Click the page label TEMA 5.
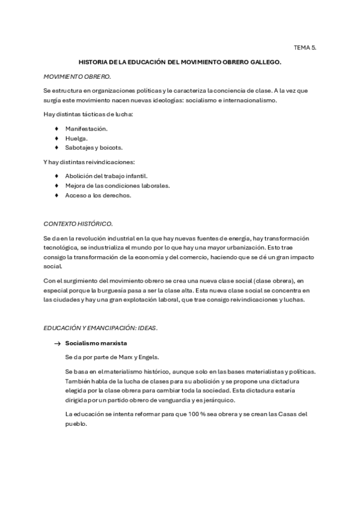(x=305, y=46)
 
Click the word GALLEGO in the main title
(x=263, y=62)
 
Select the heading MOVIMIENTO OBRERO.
(x=77, y=77)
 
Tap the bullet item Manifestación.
(x=86, y=129)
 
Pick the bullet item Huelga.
(x=76, y=138)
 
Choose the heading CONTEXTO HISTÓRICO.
(x=78, y=224)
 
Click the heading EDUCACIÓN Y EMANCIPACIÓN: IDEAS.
(x=100, y=328)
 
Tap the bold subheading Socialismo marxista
(x=96, y=343)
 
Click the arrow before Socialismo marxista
(x=58, y=343)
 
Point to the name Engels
(x=148, y=357)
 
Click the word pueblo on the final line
(x=76, y=423)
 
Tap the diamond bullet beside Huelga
(x=56, y=138)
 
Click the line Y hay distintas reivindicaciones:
(x=89, y=162)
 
